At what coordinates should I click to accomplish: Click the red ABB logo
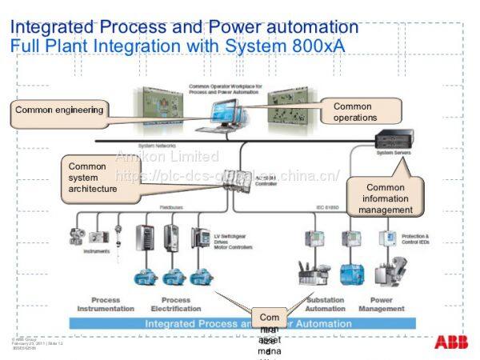click(x=451, y=342)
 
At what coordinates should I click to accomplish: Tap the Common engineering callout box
click(x=59, y=111)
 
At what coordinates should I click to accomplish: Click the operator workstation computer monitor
click(x=226, y=111)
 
